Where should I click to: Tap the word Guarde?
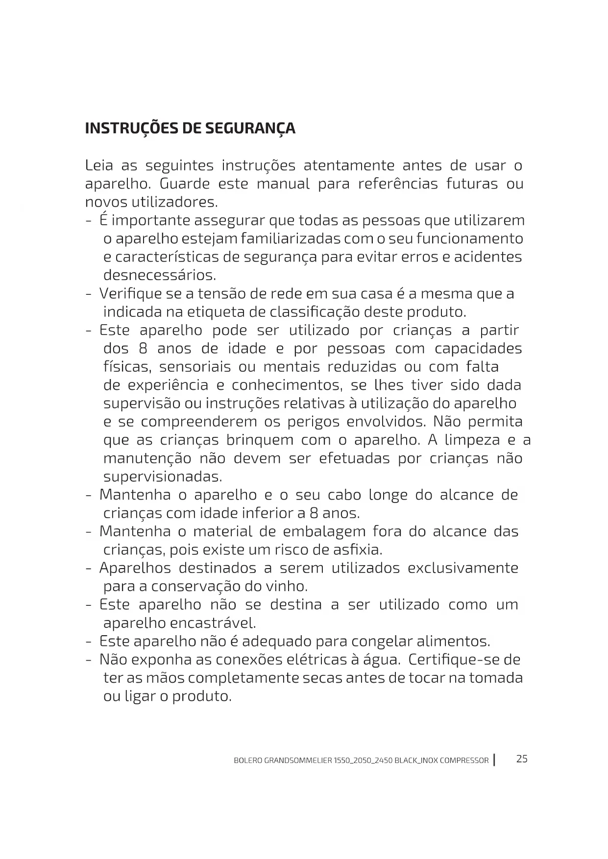pyautogui.click(x=185, y=184)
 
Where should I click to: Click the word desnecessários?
pyautogui.click(x=160, y=275)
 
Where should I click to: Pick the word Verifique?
pyautogui.click(x=131, y=294)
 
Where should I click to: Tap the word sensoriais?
pyautogui.click(x=195, y=367)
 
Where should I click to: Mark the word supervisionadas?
pyautogui.click(x=163, y=477)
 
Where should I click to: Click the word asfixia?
pyautogui.click(x=359, y=550)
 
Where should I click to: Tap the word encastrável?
pyautogui.click(x=213, y=623)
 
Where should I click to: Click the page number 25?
pyautogui.click(x=522, y=759)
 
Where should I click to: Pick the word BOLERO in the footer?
pyautogui.click(x=247, y=761)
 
